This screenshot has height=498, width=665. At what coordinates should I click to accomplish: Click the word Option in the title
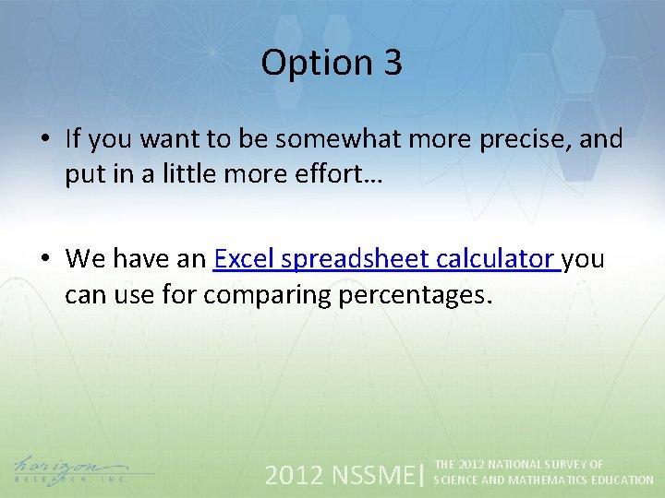coord(303,63)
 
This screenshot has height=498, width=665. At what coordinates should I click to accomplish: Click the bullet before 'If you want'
coord(44,140)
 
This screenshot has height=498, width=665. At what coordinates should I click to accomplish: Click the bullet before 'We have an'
coord(44,260)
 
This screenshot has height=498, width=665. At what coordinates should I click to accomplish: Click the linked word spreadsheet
coord(358,259)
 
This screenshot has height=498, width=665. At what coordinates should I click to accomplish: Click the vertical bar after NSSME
coord(422,474)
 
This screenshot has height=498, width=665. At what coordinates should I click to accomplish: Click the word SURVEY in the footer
coord(557,465)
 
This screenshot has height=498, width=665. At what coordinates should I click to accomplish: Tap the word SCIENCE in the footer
coord(455,480)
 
